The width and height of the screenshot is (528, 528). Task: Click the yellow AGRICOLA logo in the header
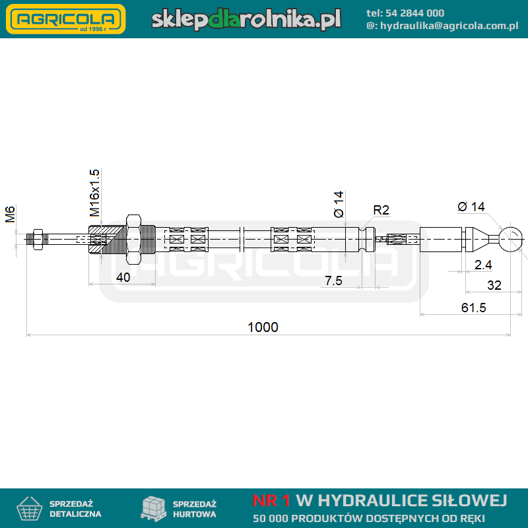pos(65,19)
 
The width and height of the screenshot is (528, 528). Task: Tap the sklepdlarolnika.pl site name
pos(246,19)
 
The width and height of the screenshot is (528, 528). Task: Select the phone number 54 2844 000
pos(414,13)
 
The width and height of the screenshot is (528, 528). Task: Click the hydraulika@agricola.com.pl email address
pos(449,26)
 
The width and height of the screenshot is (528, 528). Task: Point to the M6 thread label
pos(10,214)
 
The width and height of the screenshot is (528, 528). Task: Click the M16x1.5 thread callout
pos(94,193)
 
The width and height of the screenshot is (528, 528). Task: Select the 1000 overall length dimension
pos(263,327)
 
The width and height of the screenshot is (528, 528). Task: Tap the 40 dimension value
pos(123,277)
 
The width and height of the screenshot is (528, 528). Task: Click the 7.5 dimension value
pos(333,280)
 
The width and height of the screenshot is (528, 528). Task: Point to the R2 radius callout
pos(381,210)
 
